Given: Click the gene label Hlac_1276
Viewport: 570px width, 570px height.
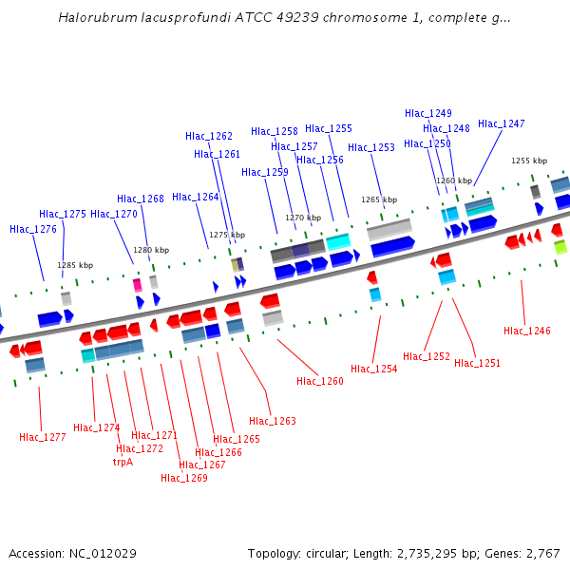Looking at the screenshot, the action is pyautogui.click(x=33, y=229).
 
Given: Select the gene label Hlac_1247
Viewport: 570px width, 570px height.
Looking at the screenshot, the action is pyautogui.click(x=501, y=123).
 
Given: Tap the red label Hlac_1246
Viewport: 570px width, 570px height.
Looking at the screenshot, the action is pyautogui.click(x=527, y=331).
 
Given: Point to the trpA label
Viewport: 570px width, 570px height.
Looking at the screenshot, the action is pyautogui.click(x=123, y=462).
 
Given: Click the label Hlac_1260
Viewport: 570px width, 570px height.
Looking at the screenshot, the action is pyautogui.click(x=320, y=381).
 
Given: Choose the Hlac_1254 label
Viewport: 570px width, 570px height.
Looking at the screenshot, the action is pyautogui.click(x=373, y=369).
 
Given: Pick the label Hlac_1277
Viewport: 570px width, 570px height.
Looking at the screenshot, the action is pyautogui.click(x=43, y=437).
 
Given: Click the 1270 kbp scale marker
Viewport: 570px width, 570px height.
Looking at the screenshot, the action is pyautogui.click(x=303, y=218).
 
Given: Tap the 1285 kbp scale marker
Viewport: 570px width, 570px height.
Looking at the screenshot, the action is pyautogui.click(x=75, y=265).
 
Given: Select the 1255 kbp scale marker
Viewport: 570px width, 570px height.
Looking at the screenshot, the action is pyautogui.click(x=529, y=161).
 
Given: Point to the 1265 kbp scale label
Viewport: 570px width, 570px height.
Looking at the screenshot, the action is pyautogui.click(x=378, y=199).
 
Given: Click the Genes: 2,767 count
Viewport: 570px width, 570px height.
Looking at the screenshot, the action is pyautogui.click(x=526, y=553).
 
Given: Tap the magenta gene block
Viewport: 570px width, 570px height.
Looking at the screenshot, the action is pyautogui.click(x=138, y=284).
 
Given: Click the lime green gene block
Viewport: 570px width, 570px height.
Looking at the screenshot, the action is pyautogui.click(x=560, y=247).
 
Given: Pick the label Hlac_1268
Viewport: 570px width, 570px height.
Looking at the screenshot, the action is pyautogui.click(x=141, y=199).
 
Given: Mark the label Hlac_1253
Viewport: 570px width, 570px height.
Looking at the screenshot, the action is pyautogui.click(x=371, y=147).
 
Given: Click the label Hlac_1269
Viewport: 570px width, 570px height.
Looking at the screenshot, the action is pyautogui.click(x=184, y=478).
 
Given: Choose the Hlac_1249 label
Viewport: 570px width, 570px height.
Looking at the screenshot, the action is pyautogui.click(x=428, y=113).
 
